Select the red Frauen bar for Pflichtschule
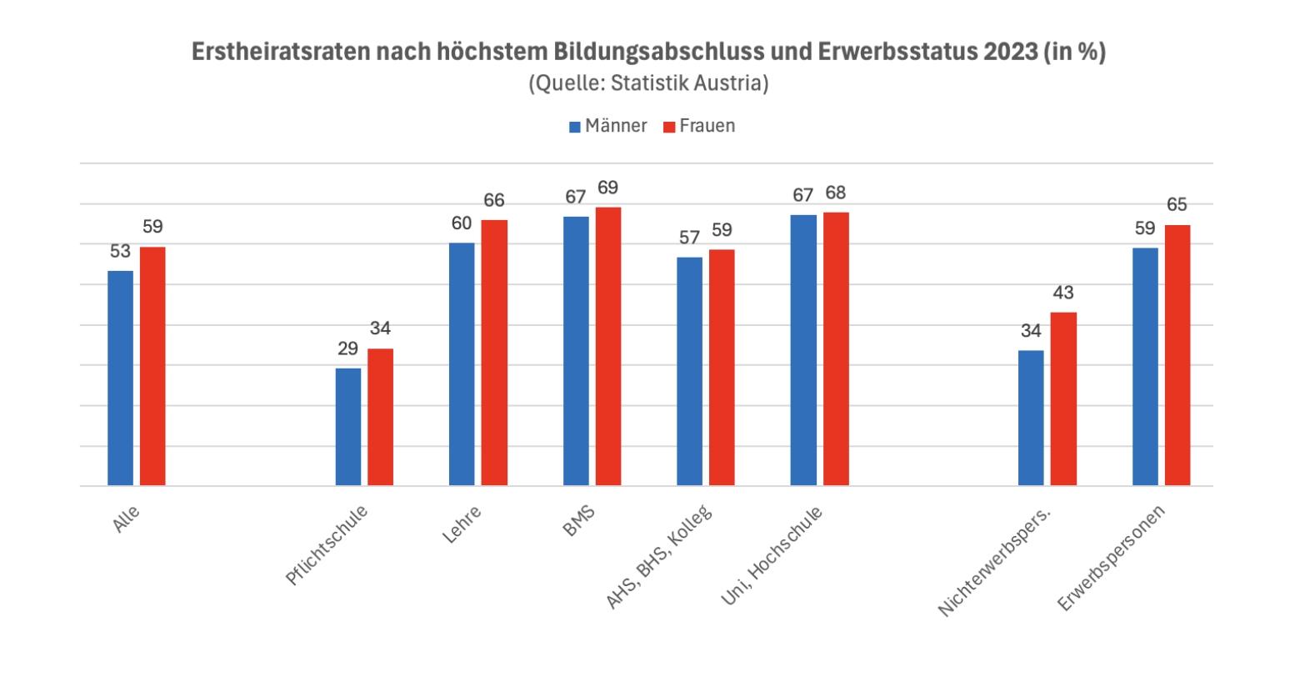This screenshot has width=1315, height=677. pyautogui.click(x=381, y=417)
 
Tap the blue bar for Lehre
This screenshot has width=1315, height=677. pyautogui.click(x=462, y=364)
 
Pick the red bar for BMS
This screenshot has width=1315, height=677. pyautogui.click(x=608, y=346)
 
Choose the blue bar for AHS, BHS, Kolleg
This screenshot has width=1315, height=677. pyautogui.click(x=689, y=371)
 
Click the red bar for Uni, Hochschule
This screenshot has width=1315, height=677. pyautogui.click(x=836, y=349)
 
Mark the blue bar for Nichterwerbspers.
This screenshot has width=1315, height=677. pyautogui.click(x=1031, y=418)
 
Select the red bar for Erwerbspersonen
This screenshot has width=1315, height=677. pyautogui.click(x=1177, y=355)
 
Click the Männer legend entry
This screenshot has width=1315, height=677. pyautogui.click(x=607, y=126)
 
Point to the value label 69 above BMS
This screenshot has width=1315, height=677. pyautogui.click(x=608, y=188)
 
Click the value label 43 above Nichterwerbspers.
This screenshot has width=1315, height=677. pyautogui.click(x=1063, y=293)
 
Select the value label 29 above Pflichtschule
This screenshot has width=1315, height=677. pyautogui.click(x=348, y=349)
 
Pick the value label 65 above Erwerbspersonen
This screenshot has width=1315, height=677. pyautogui.click(x=1177, y=205)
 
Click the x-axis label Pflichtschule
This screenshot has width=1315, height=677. pyautogui.click(x=327, y=545)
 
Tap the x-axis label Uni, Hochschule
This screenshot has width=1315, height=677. pyautogui.click(x=771, y=554)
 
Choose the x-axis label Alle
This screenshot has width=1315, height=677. pyautogui.click(x=126, y=519)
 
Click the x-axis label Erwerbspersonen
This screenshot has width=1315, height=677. pyautogui.click(x=1112, y=557)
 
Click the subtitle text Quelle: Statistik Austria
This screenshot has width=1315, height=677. pyautogui.click(x=648, y=83)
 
